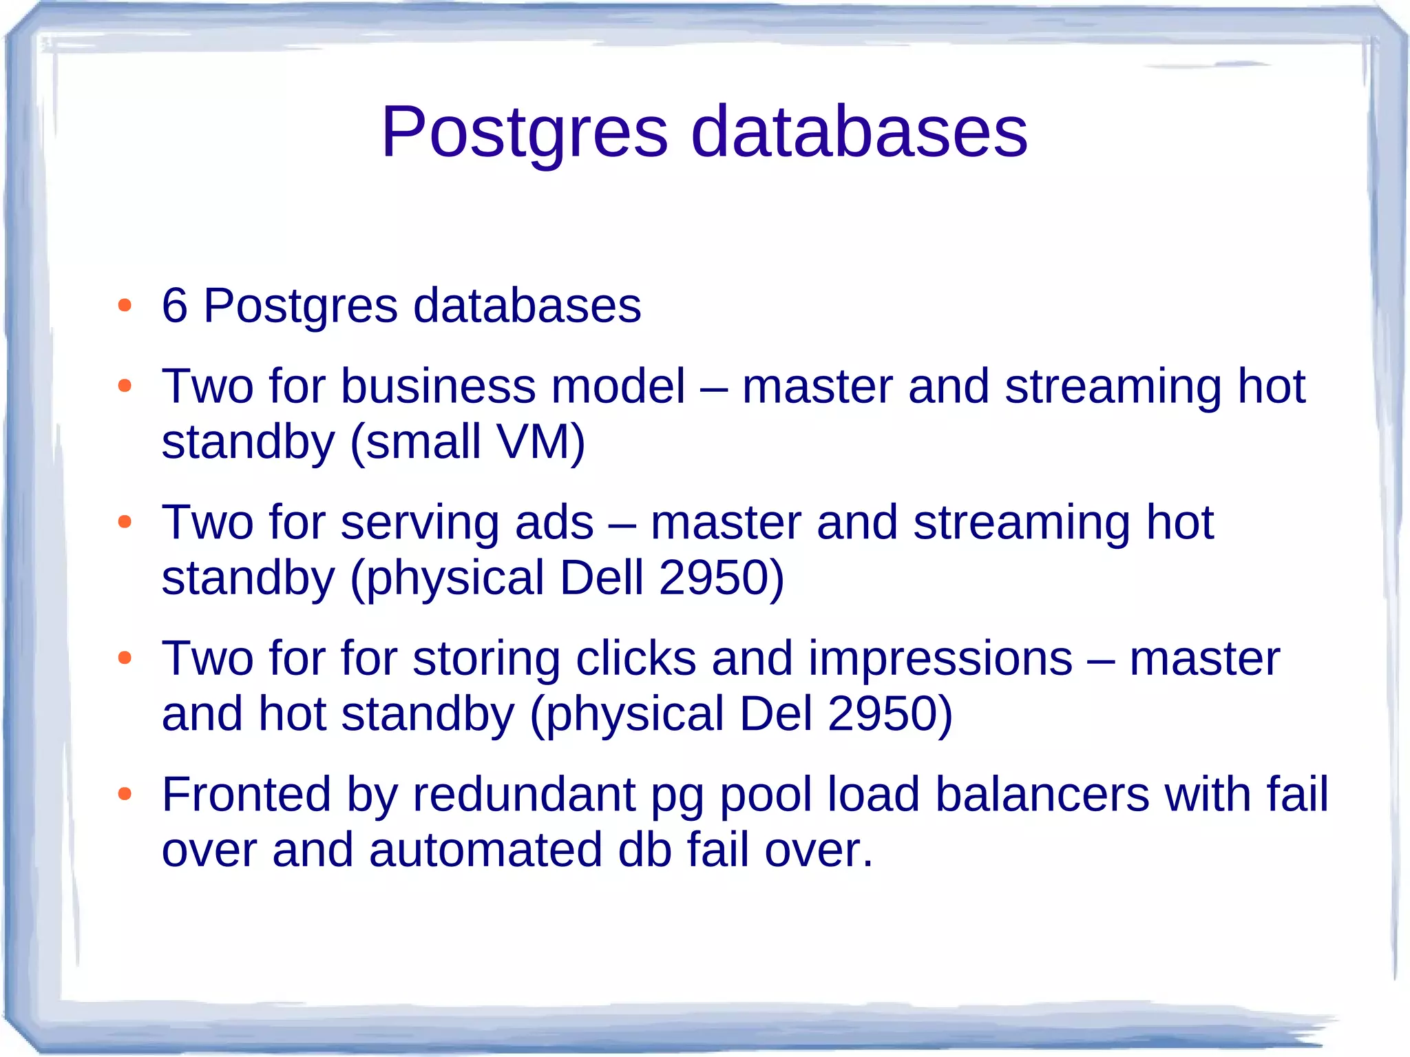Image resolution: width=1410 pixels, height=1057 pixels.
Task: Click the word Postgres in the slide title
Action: click(x=525, y=132)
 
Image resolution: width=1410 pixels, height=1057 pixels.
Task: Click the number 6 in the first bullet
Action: click(x=174, y=305)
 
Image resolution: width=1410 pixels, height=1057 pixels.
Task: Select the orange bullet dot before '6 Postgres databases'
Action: click(x=125, y=305)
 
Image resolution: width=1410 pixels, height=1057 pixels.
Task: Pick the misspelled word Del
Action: click(x=776, y=713)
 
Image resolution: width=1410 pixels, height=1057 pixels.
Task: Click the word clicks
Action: click(x=635, y=658)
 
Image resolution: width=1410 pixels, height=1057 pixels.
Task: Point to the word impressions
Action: click(x=940, y=658)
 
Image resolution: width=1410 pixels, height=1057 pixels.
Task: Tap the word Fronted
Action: click(x=246, y=795)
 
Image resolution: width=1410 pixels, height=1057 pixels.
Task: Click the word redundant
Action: click(x=524, y=795)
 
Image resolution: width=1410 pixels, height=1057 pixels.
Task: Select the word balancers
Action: click(x=1042, y=795)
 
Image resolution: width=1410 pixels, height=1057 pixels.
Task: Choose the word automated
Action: click(x=485, y=850)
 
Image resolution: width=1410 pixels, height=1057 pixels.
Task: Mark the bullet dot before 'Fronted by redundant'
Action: click(x=125, y=794)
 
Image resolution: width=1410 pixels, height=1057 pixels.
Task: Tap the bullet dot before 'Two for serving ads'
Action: click(x=125, y=522)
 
